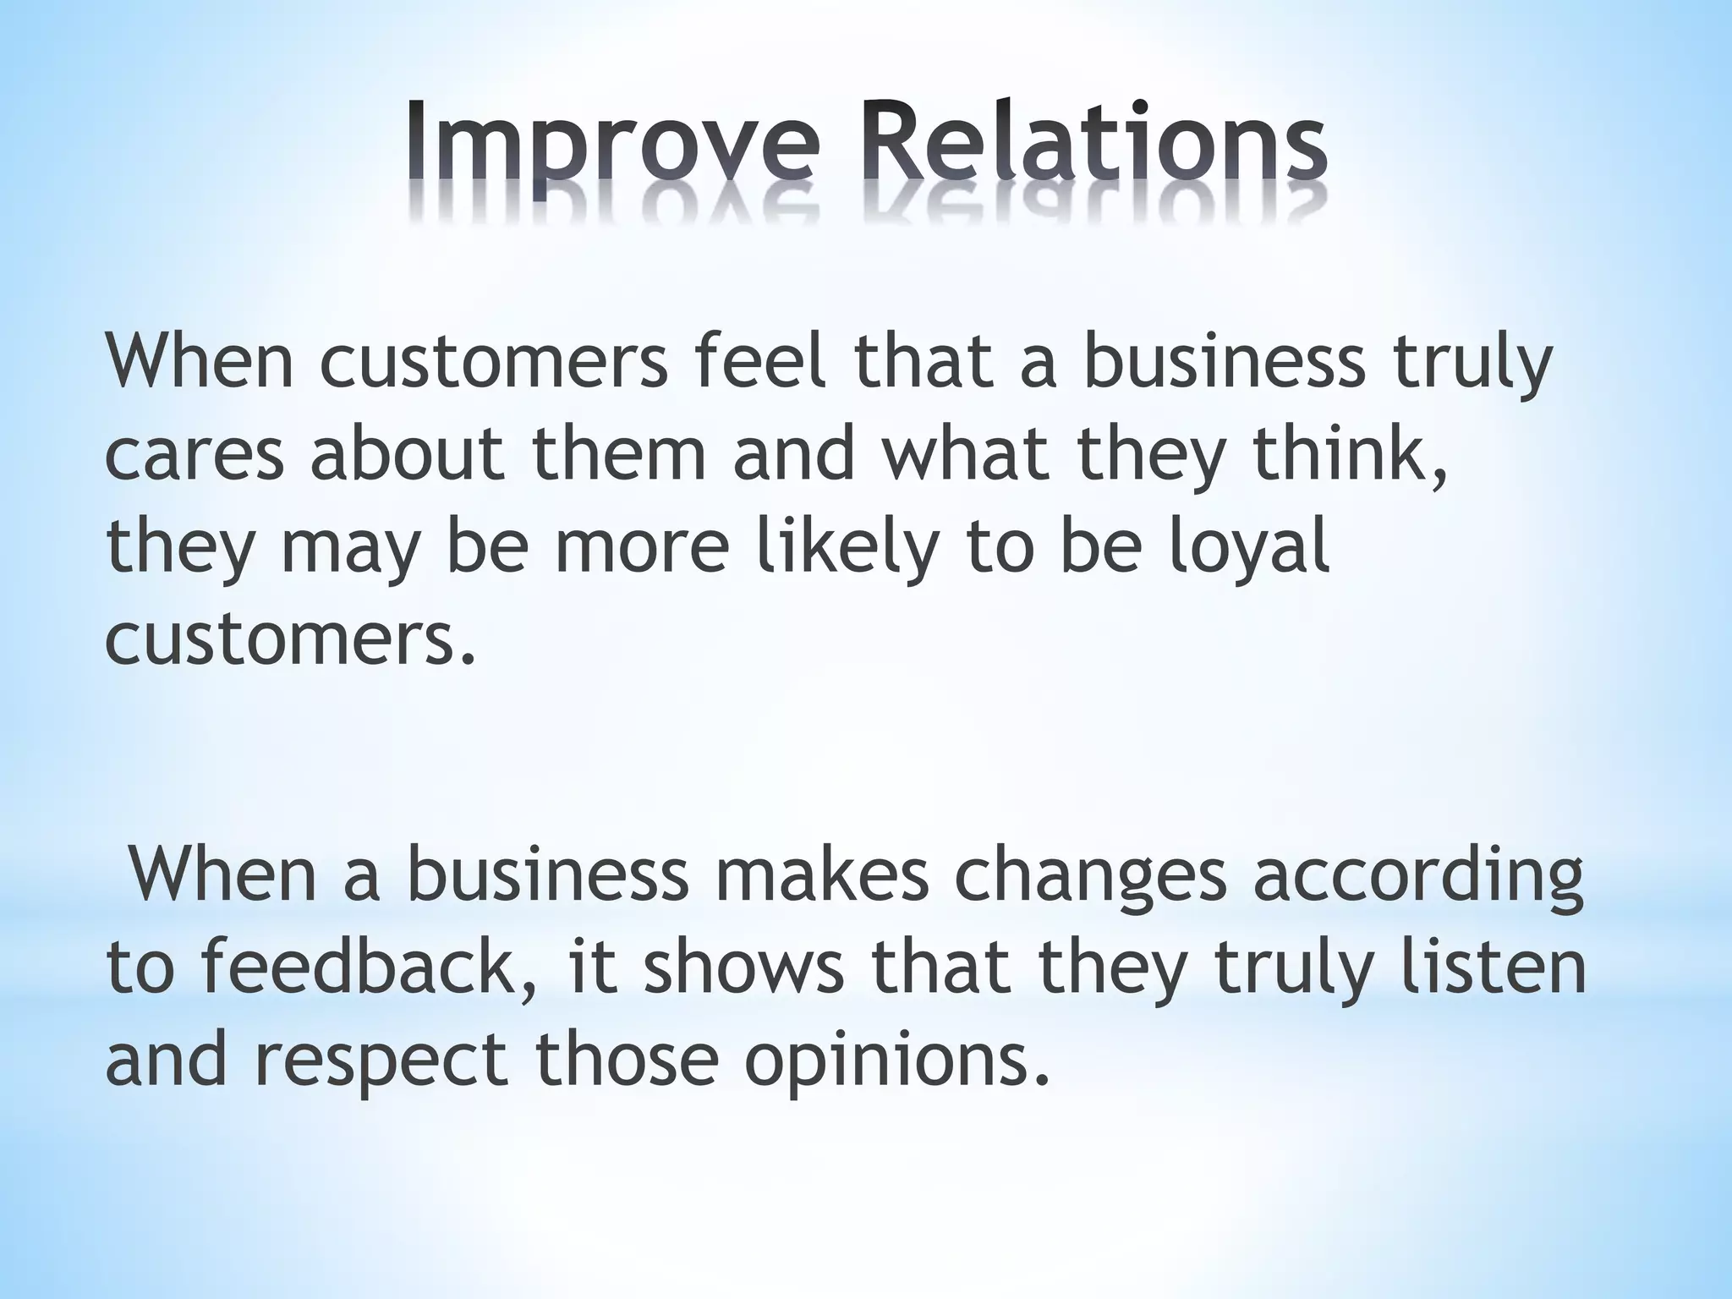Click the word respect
click(x=381, y=1062)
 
